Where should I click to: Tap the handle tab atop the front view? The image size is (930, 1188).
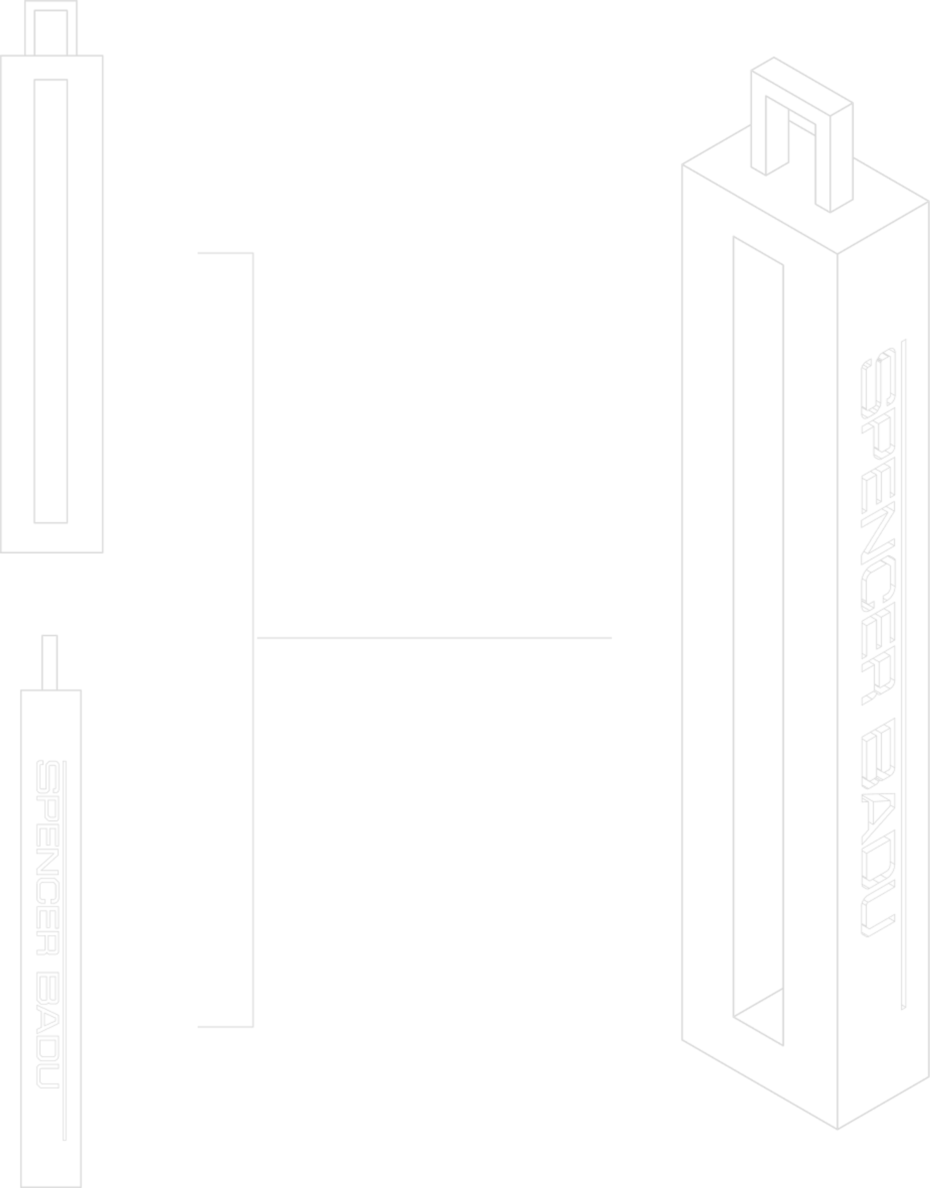pos(52,27)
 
